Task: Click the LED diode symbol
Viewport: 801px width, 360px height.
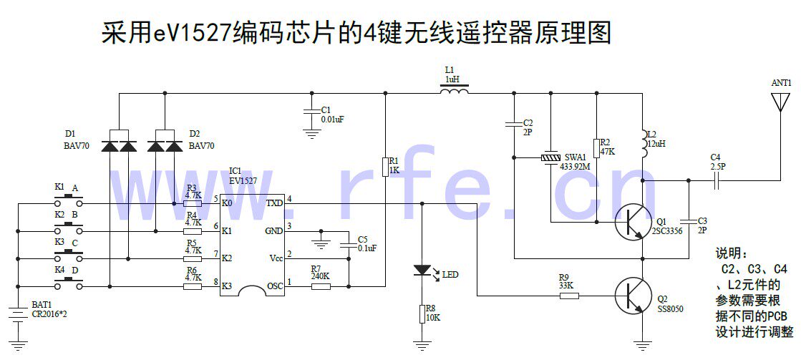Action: (x=423, y=271)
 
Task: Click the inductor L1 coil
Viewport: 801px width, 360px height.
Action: (x=455, y=91)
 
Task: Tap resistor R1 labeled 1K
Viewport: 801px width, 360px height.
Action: (x=385, y=166)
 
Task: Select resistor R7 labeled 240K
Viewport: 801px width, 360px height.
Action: (x=321, y=287)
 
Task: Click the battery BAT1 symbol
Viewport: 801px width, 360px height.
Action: (x=17, y=313)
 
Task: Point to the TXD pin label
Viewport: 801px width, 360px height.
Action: (x=274, y=203)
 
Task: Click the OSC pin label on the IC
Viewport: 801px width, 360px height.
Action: (x=274, y=286)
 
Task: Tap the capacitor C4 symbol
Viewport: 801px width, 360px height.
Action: (x=715, y=182)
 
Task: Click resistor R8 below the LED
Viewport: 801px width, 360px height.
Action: (x=423, y=313)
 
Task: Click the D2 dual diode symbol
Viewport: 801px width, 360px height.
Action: (x=165, y=145)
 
